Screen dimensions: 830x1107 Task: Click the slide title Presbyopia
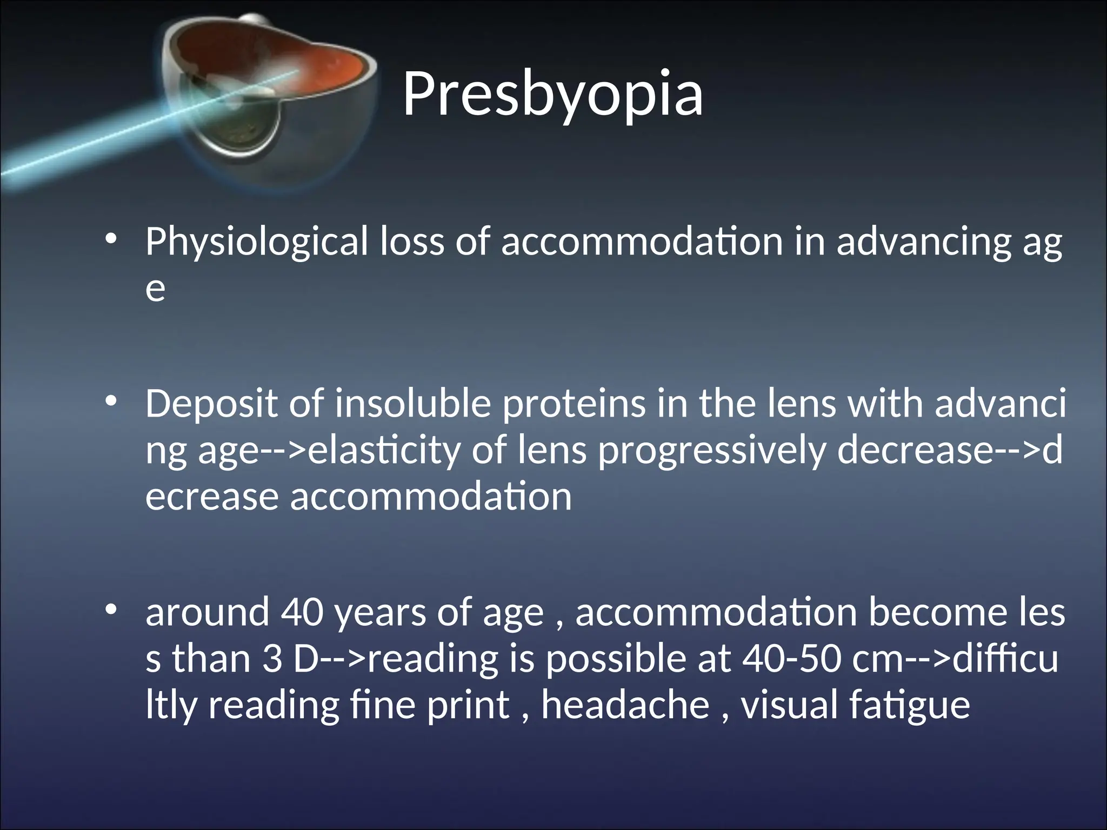(x=552, y=95)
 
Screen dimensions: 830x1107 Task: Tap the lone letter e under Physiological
(x=155, y=290)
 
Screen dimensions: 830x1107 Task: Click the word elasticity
(x=384, y=451)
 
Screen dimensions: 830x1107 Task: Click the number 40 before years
(x=302, y=613)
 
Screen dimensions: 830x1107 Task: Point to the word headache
(x=625, y=705)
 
